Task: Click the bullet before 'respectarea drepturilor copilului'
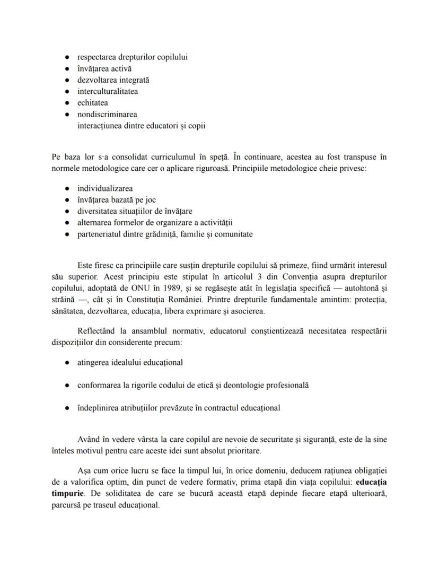coord(67,57)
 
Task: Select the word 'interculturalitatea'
coord(108,91)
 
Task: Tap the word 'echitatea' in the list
coord(93,103)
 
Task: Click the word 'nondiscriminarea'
coord(107,114)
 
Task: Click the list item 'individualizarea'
coord(105,188)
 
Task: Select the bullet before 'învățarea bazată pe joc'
coord(67,200)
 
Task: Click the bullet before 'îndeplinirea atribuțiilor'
coord(67,408)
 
